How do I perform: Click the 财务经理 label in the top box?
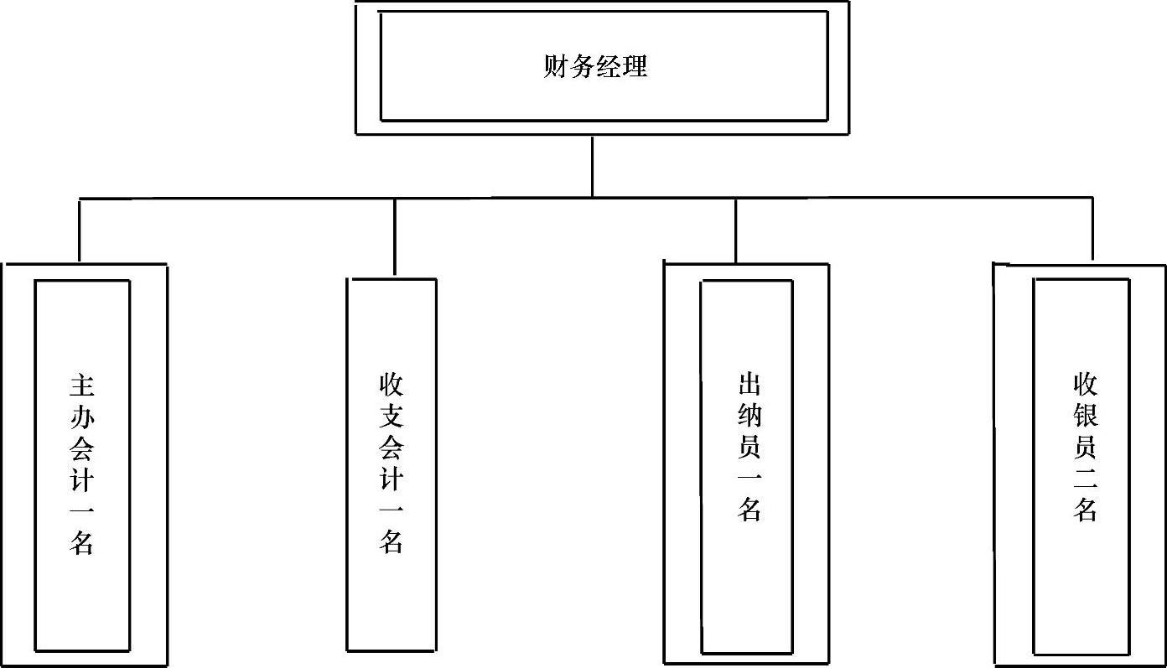tap(595, 66)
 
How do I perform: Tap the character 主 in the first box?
tap(81, 386)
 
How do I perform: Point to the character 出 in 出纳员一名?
tap(749, 386)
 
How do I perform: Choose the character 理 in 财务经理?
tap(635, 66)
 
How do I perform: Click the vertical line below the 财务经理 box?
tap(593, 166)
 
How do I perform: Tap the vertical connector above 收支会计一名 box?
tap(395, 236)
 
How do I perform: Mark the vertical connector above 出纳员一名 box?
tap(735, 230)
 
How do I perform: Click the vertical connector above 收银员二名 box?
tap(1092, 229)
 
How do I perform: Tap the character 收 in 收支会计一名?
tap(392, 386)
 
